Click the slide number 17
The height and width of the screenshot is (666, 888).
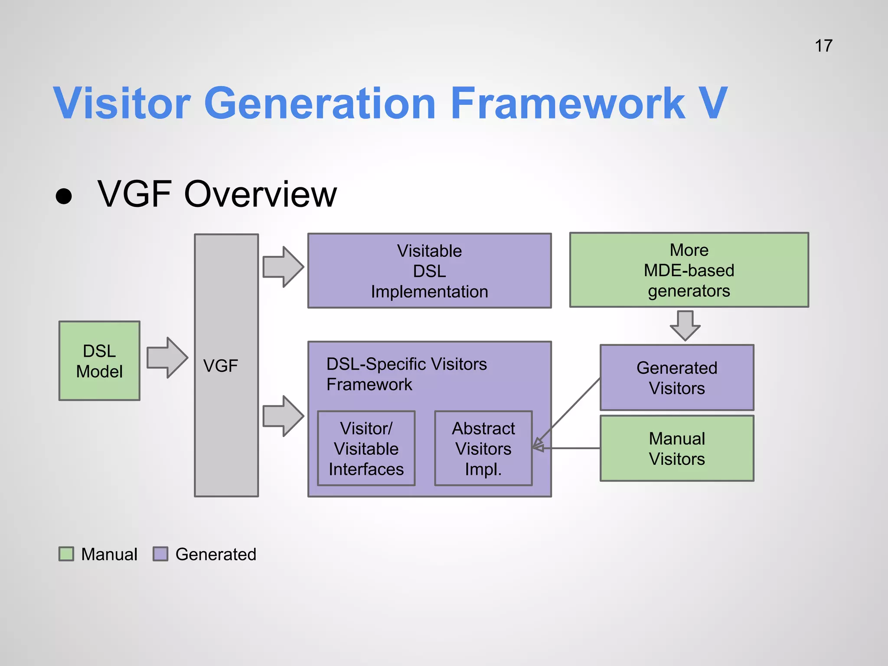(x=823, y=46)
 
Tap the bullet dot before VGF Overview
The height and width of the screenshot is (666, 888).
(x=64, y=196)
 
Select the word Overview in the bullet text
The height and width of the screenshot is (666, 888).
(x=260, y=194)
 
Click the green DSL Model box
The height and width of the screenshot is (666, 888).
(x=99, y=361)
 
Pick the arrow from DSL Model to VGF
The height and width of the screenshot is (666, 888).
(x=166, y=358)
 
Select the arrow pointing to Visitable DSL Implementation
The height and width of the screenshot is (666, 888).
(x=283, y=267)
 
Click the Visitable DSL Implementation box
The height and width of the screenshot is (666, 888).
(x=429, y=271)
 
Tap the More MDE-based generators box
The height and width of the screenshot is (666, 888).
(x=689, y=270)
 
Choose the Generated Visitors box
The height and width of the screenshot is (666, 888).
(x=676, y=377)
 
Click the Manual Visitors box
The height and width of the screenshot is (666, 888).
(x=676, y=448)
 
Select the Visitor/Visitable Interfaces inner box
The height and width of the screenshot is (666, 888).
(x=366, y=448)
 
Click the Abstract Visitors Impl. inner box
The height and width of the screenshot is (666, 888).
(x=483, y=448)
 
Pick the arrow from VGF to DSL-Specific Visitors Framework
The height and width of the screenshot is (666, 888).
(x=283, y=416)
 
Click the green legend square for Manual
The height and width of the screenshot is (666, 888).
(x=66, y=554)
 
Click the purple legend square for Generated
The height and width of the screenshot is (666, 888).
(x=160, y=554)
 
